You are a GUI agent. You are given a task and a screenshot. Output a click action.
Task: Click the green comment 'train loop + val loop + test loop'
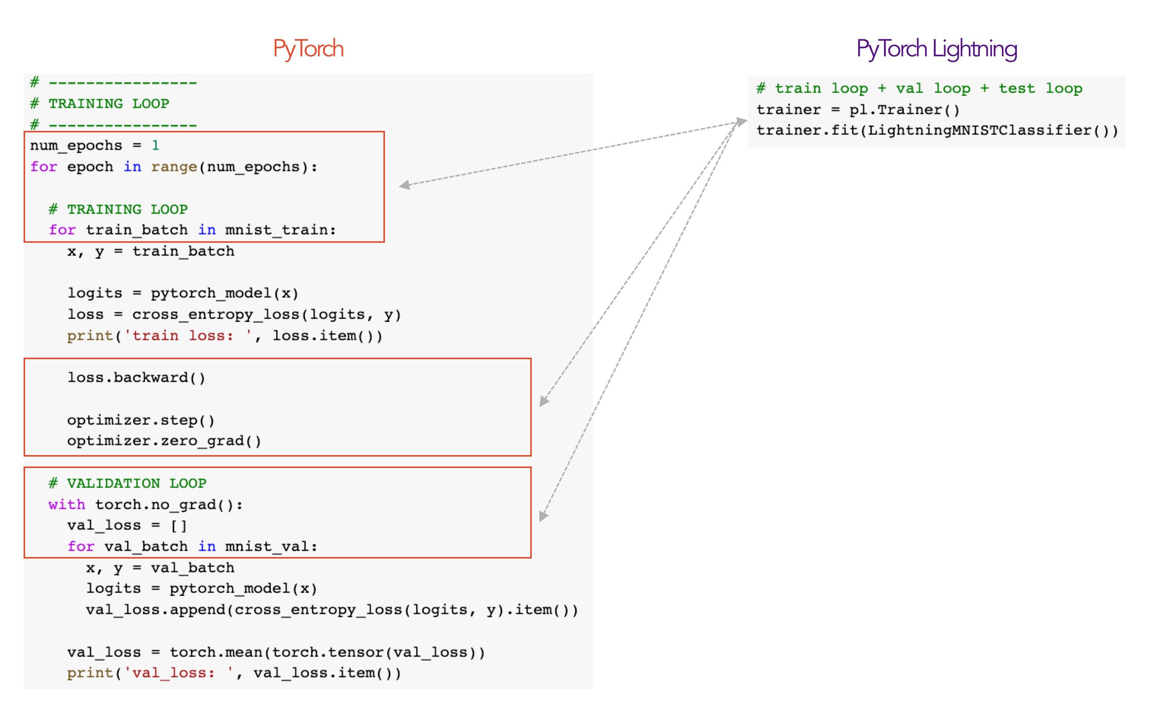tap(928, 89)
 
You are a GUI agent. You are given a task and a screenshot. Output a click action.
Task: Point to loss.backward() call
tap(136, 378)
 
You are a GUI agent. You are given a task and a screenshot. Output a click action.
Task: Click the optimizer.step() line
tap(141, 420)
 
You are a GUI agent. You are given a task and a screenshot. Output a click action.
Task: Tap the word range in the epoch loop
tap(174, 167)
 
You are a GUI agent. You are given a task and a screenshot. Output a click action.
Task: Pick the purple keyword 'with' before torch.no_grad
tap(67, 505)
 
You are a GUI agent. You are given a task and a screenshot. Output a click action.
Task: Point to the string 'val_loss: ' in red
tap(178, 673)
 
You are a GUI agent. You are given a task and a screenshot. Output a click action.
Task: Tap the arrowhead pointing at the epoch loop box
tap(404, 185)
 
